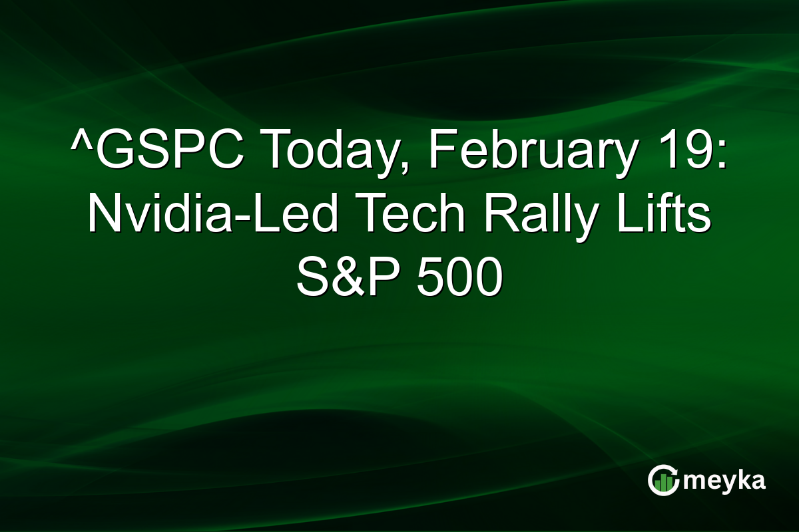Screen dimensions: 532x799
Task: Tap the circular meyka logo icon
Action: coord(663,480)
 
